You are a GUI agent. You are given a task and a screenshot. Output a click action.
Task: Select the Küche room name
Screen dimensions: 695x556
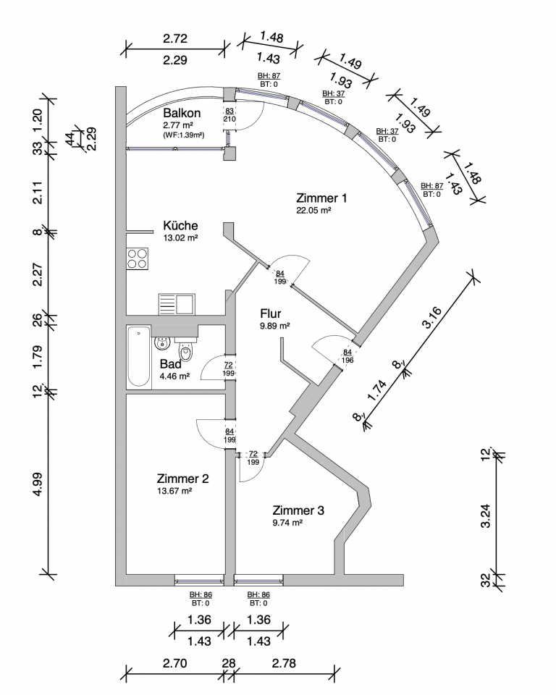point(180,225)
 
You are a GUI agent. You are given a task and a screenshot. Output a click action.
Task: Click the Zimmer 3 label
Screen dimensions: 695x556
point(298,510)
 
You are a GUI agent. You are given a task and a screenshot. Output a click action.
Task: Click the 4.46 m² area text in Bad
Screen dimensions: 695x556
point(174,376)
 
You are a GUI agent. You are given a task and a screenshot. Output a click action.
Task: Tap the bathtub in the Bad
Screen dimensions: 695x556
point(138,358)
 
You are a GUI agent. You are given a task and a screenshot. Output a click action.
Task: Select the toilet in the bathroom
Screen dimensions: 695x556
point(186,353)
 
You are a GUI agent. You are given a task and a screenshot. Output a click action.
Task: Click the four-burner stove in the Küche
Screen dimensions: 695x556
point(138,258)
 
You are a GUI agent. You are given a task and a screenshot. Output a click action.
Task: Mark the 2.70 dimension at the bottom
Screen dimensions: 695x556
point(174,662)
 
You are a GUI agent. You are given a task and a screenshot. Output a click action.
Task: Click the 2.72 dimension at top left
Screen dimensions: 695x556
point(175,38)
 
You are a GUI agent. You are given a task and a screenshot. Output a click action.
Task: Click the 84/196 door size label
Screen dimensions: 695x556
point(347,356)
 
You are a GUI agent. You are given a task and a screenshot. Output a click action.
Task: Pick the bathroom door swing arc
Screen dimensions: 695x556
point(211,368)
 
